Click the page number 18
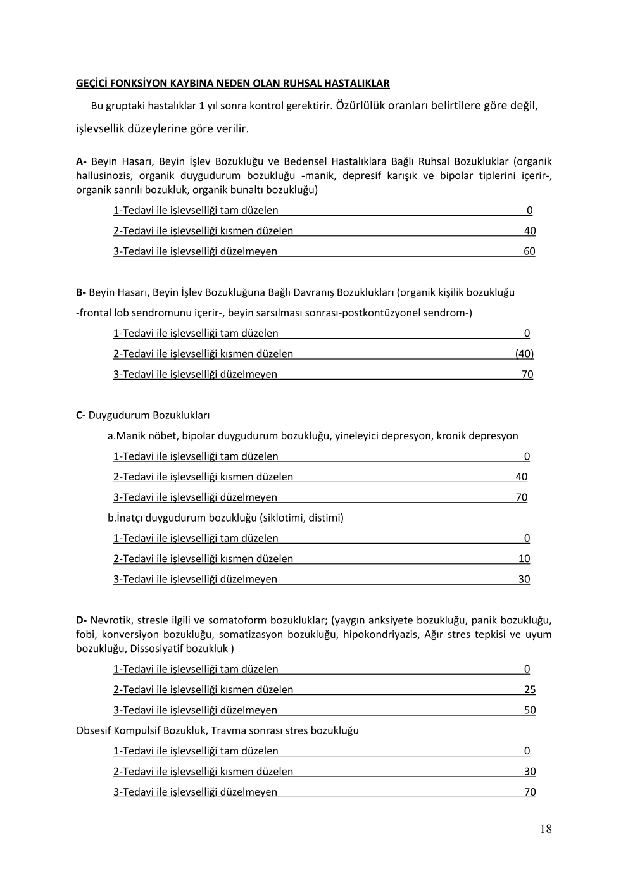coord(546,829)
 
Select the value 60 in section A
coord(529,251)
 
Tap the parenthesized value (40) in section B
coord(524,354)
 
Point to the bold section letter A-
coord(81,161)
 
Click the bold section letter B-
coord(81,292)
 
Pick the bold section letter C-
coord(81,415)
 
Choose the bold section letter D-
coord(81,620)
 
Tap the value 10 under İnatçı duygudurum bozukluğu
coord(524,559)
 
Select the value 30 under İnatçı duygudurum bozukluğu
coord(524,579)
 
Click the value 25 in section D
coord(530,690)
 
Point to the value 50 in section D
coord(530,710)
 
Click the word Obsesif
coord(93,730)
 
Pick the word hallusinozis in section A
coord(104,175)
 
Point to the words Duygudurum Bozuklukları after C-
coord(149,415)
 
